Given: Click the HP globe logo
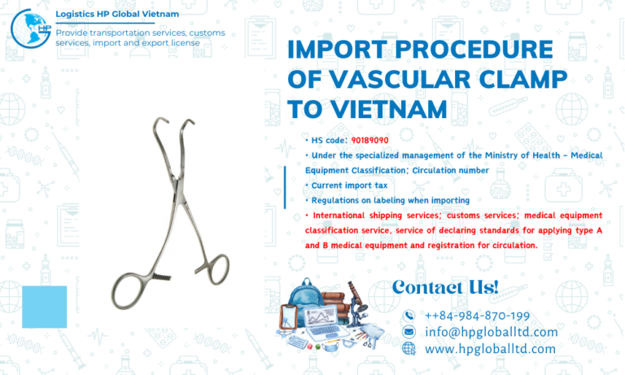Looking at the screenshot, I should coord(30,26).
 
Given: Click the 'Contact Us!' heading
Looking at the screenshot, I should coord(444,286).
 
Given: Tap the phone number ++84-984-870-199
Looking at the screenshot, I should coord(477,316).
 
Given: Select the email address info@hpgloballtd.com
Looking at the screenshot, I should coord(491,332).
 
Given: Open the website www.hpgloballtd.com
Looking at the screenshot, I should coord(490,348).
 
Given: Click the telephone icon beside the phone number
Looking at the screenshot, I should coord(409,316).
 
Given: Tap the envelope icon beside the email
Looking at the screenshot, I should coord(409,332).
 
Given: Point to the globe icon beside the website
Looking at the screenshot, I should coord(409,348).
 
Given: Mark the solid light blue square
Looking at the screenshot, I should coord(44,307).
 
